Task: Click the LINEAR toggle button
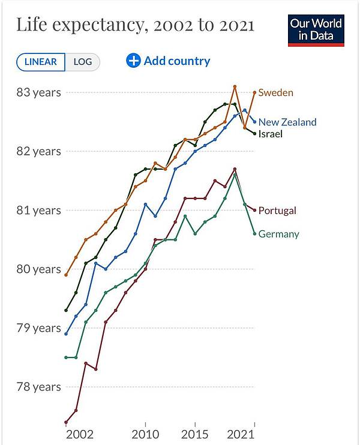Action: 41,62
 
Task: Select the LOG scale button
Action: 83,62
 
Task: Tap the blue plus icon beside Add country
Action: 133,61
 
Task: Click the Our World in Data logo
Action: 316,31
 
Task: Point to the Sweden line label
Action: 275,92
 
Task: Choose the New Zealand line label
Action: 287,122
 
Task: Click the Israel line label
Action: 270,134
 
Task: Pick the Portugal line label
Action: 277,211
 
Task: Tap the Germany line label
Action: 279,234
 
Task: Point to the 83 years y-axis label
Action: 38,92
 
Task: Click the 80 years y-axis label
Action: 38,269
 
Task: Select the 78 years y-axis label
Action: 38,387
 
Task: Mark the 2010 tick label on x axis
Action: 145,434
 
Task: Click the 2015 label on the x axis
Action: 195,434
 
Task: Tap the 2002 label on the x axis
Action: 80,434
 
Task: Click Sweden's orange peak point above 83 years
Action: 235,86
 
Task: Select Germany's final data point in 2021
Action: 254,234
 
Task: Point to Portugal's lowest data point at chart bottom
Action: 66,422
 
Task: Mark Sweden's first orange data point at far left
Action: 66,275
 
